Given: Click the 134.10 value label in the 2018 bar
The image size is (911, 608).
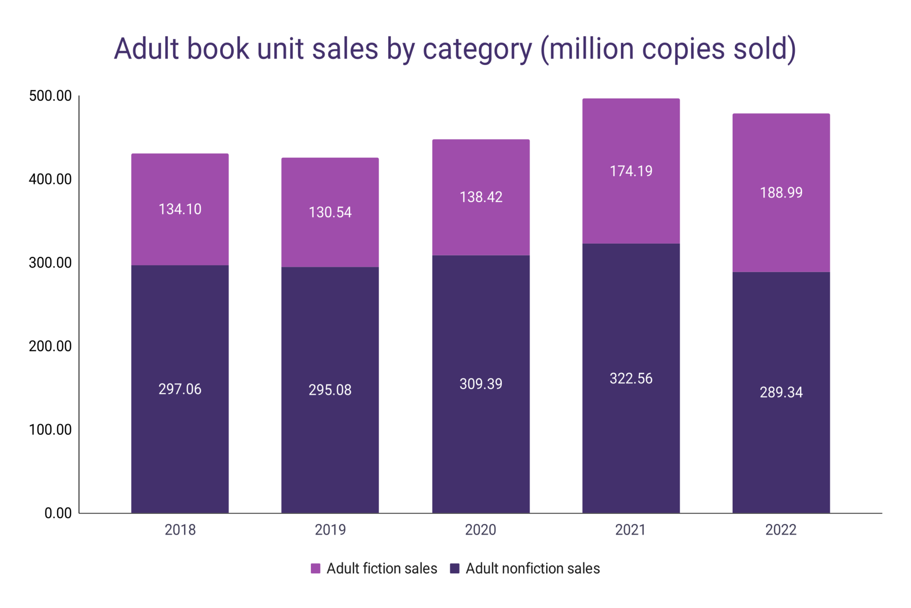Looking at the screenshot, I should (180, 209).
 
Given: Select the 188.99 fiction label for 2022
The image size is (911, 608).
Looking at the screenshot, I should (781, 192).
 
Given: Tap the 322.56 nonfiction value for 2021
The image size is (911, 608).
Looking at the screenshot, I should (631, 378).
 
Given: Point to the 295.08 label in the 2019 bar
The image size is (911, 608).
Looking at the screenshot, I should (330, 390).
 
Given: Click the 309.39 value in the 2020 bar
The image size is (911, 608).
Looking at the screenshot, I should (480, 384).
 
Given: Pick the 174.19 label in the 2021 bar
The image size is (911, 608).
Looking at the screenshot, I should (631, 171).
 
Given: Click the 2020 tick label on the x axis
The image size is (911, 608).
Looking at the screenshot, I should (480, 530).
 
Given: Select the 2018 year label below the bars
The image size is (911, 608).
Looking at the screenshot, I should (180, 530).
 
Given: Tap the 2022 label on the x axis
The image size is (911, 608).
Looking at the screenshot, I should (781, 530).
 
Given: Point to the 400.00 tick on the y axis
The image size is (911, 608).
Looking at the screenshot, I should (50, 179).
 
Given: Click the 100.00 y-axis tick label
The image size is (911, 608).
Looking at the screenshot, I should (50, 429).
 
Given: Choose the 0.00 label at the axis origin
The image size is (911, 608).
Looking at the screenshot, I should (58, 513).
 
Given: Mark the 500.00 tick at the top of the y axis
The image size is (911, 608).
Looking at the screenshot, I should (50, 96).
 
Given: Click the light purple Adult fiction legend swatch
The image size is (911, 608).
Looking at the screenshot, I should (315, 568).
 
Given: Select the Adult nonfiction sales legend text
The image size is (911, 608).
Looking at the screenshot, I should (532, 568).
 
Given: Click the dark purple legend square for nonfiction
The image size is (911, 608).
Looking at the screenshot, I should (455, 568).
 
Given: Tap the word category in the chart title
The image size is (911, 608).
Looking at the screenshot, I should (477, 49).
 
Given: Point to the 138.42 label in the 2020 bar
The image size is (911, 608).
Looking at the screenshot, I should (480, 197).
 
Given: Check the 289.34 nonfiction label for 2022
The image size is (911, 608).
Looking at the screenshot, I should (781, 392).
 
